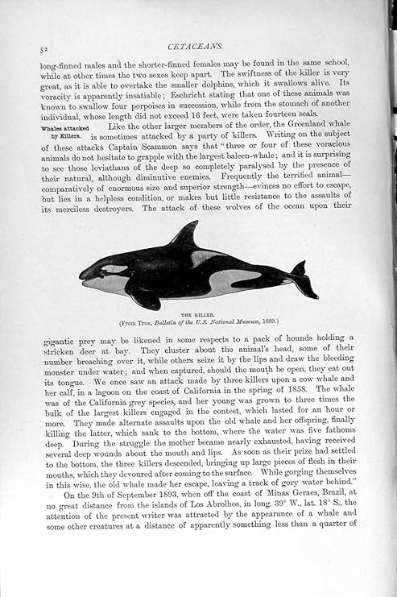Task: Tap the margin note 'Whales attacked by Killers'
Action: click(65, 131)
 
